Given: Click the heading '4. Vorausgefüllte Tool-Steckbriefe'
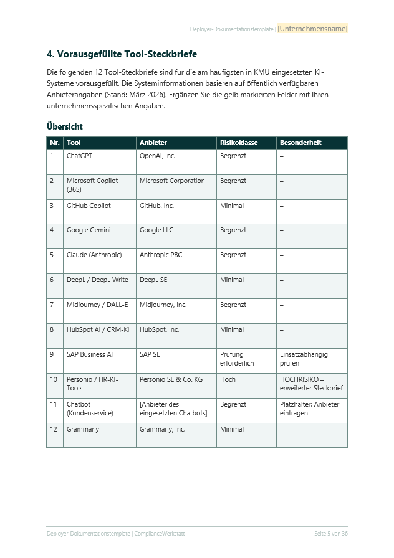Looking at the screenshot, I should tap(122, 55).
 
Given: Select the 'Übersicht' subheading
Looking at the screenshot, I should tap(65, 126).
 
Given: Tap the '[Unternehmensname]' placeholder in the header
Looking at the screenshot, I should tap(312, 29).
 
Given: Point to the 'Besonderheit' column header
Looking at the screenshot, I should tap(300, 143).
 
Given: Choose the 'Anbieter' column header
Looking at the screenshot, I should tap(153, 143).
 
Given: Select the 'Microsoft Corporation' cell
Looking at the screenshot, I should tap(172, 181).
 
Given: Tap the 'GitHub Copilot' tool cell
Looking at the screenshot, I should tap(89, 206).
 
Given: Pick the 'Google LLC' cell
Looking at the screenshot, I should tap(156, 230).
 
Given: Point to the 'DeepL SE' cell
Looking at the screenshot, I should tap(153, 280).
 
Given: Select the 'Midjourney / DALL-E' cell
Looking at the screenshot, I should tap(97, 305).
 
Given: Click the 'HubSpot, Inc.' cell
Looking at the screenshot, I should tap(160, 330).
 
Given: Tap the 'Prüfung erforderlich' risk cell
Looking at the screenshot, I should tap(237, 359).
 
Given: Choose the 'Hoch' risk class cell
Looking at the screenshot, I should tap(228, 380).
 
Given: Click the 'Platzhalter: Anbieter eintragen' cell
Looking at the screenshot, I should tap(309, 409).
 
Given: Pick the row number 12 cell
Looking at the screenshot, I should tap(54, 430).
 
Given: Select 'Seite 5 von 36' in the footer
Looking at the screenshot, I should tap(330, 534).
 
